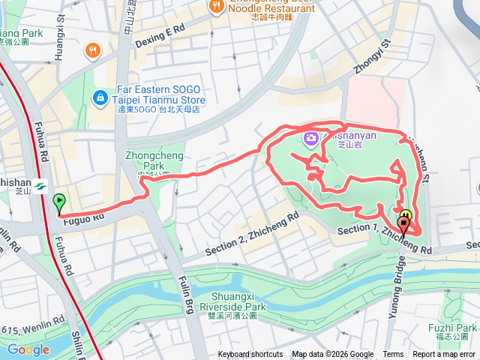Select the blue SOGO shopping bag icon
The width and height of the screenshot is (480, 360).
[x=99, y=97]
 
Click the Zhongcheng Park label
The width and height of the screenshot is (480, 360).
[x=143, y=161]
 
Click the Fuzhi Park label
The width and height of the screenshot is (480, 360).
[x=452, y=328]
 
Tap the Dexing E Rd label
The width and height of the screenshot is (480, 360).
[x=159, y=34]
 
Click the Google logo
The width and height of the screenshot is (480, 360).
[x=28, y=349]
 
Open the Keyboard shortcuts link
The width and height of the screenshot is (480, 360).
[x=250, y=355]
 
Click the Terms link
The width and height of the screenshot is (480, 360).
[x=393, y=355]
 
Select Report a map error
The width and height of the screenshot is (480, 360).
[x=444, y=355]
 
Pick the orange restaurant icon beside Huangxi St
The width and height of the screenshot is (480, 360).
[x=93, y=51]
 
